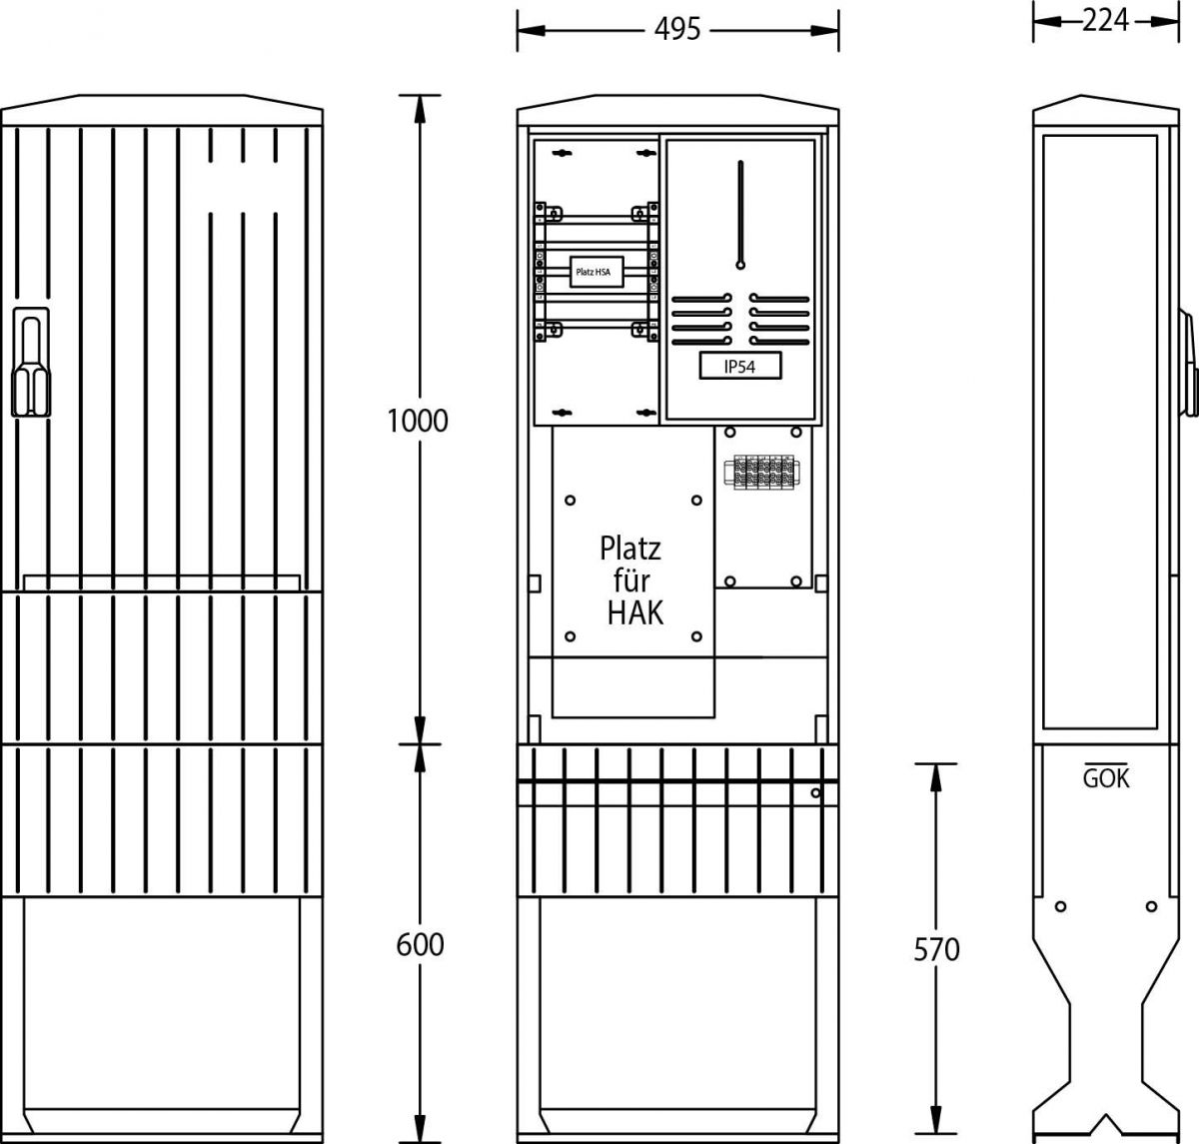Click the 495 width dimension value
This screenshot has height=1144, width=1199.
point(677,29)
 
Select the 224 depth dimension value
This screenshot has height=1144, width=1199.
point(1105,21)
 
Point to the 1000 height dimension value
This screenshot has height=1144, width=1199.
point(418,421)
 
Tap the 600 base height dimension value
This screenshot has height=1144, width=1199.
point(420,944)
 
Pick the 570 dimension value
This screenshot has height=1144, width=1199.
point(936,949)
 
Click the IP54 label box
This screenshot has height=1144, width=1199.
point(739,366)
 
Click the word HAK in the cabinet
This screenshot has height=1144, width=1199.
point(634,612)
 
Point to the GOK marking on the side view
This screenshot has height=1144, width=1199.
point(1106,778)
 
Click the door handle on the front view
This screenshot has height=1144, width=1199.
point(31,363)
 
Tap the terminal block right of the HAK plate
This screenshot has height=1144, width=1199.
point(761,472)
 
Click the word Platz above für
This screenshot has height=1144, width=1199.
point(630,549)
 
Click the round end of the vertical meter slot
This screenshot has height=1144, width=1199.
point(740,265)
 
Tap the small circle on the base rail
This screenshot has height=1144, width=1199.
point(815,792)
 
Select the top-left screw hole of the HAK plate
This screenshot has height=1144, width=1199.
point(570,500)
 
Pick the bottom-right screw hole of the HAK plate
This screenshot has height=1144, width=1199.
point(696,636)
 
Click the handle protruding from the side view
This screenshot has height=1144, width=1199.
point(1188,364)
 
